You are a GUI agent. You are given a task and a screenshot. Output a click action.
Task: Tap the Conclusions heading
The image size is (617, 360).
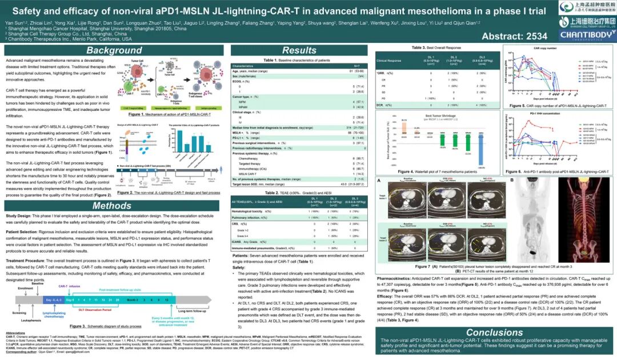tap(494, 332)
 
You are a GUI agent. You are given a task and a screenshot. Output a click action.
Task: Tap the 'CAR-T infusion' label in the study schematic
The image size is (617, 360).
tap(69, 286)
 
